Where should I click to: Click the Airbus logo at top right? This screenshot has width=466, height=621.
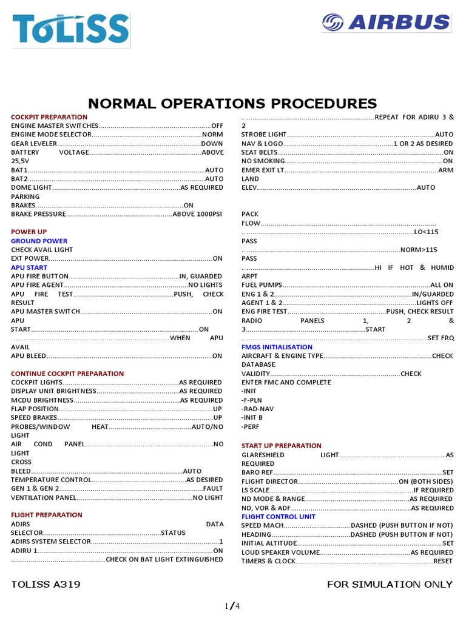(387, 23)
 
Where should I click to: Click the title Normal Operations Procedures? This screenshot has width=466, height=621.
(233, 103)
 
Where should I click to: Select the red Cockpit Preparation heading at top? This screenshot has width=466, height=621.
(49, 117)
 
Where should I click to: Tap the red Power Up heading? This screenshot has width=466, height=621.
(29, 232)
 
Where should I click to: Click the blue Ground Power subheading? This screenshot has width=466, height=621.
(39, 241)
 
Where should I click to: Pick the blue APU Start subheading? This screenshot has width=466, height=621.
(29, 267)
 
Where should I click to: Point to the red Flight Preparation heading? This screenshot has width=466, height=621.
(46, 515)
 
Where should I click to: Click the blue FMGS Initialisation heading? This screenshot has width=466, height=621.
(277, 347)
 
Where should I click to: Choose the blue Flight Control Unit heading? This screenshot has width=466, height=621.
(279, 517)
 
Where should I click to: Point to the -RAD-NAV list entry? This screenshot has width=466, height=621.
(257, 409)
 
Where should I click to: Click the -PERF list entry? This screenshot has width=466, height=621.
(250, 426)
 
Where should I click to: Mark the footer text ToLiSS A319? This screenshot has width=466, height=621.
(46, 585)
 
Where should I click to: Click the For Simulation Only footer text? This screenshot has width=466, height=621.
(390, 585)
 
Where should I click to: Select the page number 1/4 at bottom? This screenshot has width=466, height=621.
(233, 606)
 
